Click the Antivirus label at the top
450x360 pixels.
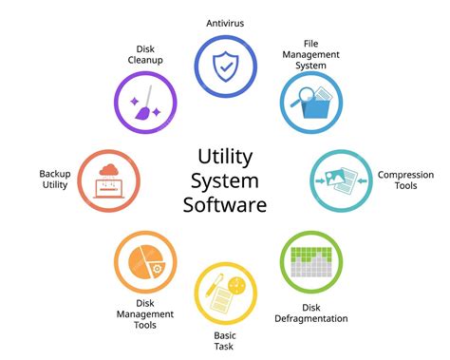226,22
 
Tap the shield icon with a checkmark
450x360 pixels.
225,66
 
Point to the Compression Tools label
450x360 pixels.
405,180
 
